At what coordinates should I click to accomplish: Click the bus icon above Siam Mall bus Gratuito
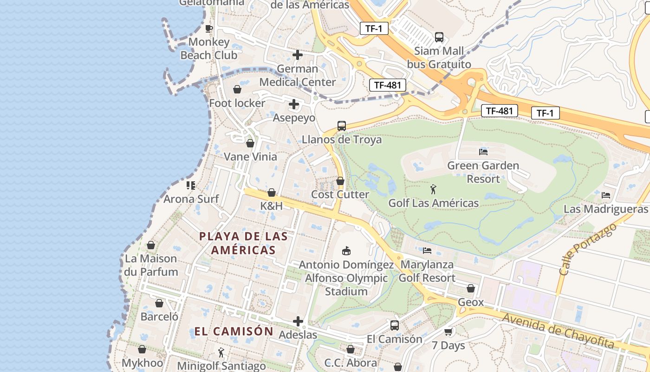[x=439, y=37]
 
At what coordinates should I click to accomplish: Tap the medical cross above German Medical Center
[x=298, y=55]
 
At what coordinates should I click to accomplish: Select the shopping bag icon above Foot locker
[x=237, y=89]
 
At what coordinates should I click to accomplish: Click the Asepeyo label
[x=294, y=118]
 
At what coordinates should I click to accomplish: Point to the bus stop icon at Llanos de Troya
[x=342, y=126]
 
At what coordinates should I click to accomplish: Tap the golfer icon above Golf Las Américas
[x=433, y=189]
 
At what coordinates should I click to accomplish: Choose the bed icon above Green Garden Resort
[x=483, y=152]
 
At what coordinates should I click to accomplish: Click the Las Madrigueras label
[x=605, y=209]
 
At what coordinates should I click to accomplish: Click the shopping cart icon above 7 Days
[x=448, y=332]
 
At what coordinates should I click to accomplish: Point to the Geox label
[x=471, y=302]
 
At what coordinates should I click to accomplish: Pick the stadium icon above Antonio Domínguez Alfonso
[x=346, y=251]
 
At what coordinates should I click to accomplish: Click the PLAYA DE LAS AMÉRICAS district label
[x=243, y=243]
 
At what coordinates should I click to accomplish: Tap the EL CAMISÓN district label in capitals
[x=234, y=331]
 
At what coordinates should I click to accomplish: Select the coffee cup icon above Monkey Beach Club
[x=209, y=28]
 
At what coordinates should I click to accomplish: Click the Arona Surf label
[x=191, y=199]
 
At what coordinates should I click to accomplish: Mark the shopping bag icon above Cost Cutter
[x=340, y=181]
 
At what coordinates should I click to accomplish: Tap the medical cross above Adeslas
[x=298, y=321]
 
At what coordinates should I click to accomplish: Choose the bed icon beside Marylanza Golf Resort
[x=427, y=251]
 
